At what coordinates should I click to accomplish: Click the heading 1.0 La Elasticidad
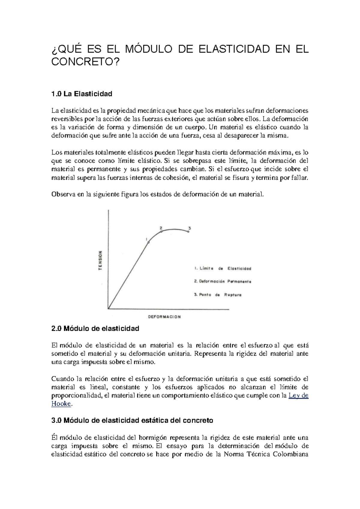(82, 94)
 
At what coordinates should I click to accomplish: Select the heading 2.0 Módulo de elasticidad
(95, 329)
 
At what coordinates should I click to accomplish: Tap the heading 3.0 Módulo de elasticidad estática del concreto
(132, 420)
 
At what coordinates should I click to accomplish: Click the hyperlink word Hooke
(61, 404)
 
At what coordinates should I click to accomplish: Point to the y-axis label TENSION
(101, 260)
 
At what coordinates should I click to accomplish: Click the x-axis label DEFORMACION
(164, 317)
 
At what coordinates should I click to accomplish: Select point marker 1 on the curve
(148, 242)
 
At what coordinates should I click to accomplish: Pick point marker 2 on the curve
(161, 231)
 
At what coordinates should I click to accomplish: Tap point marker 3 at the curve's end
(188, 231)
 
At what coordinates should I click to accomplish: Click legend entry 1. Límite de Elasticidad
(223, 269)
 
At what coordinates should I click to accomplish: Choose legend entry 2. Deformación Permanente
(223, 282)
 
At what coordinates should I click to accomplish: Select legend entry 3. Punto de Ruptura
(218, 295)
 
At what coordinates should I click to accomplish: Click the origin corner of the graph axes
(108, 309)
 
